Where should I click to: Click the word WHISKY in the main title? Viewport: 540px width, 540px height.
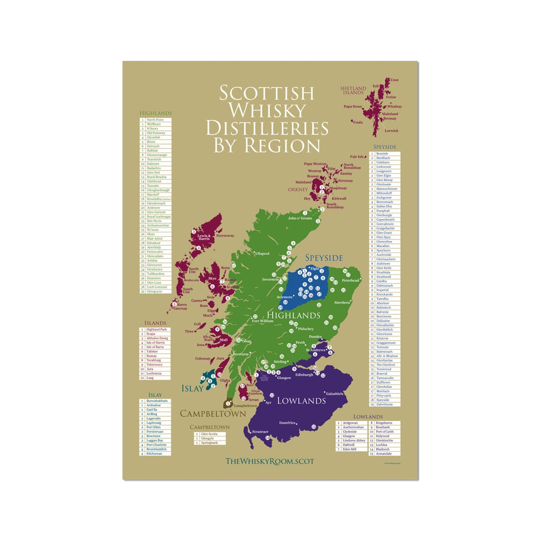(x=267, y=111)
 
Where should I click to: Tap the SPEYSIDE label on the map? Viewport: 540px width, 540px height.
(x=324, y=258)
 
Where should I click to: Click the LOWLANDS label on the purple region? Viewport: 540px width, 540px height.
(x=301, y=400)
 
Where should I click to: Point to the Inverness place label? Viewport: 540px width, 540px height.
(x=270, y=279)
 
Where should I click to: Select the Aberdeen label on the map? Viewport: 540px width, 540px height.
(x=342, y=302)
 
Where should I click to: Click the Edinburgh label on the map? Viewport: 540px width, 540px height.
(x=304, y=374)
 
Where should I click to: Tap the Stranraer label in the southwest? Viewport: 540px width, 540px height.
(x=260, y=432)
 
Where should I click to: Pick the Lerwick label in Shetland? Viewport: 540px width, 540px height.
(x=391, y=130)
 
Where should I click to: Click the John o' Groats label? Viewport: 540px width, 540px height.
(x=300, y=218)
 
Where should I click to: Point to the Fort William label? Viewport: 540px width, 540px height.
(x=262, y=321)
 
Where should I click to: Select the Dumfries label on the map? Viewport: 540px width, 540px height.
(x=287, y=423)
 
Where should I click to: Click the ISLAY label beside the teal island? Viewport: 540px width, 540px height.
(x=192, y=388)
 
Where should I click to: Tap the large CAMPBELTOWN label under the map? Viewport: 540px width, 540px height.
(x=213, y=414)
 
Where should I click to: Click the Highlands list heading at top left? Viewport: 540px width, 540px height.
(x=156, y=113)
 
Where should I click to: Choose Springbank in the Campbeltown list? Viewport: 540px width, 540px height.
(x=209, y=443)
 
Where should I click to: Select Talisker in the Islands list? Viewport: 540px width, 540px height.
(x=152, y=351)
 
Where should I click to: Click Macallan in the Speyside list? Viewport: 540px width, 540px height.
(x=383, y=246)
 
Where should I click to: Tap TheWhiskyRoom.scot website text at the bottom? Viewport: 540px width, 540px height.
(x=270, y=461)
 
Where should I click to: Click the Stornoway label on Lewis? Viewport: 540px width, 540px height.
(x=225, y=235)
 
